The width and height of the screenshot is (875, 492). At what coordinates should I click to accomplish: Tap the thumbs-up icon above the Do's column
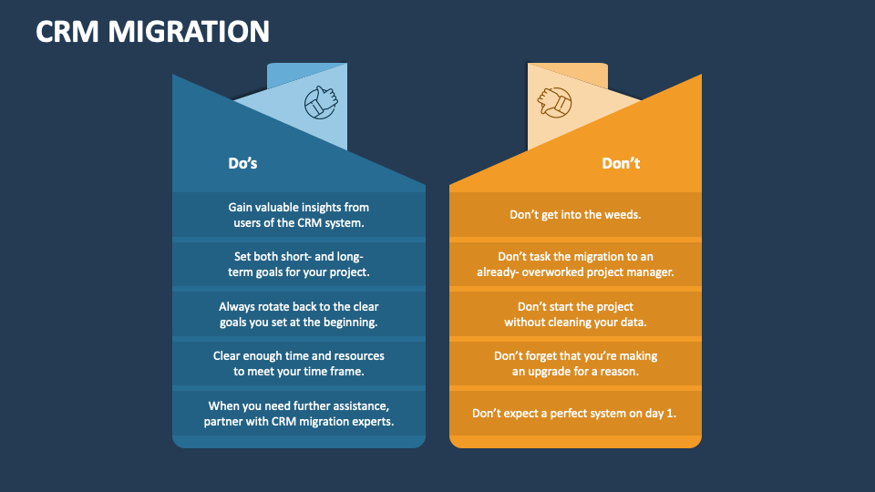click(320, 102)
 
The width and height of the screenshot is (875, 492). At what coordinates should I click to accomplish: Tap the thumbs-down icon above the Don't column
click(553, 103)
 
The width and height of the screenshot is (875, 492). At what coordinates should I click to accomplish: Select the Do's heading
click(242, 164)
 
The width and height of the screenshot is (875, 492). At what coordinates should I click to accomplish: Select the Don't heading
click(621, 164)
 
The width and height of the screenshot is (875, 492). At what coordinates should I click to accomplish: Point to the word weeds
click(621, 215)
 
